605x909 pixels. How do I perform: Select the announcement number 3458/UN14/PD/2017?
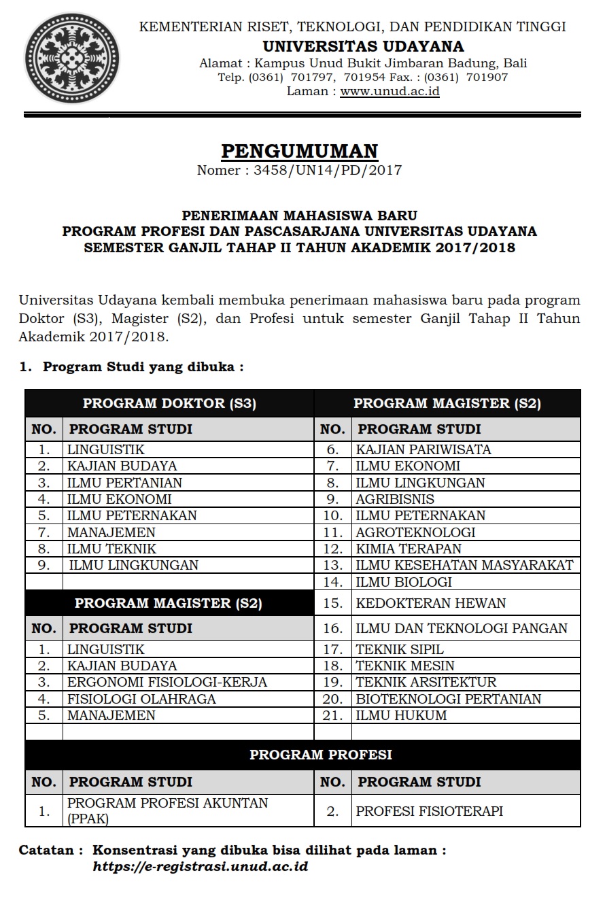(328, 170)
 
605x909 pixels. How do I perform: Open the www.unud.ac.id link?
(390, 91)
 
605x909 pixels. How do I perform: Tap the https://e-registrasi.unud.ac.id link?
(201, 867)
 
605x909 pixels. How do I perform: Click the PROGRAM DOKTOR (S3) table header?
(169, 403)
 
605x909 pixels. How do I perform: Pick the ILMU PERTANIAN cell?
(124, 483)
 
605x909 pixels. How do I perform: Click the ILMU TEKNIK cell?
(111, 549)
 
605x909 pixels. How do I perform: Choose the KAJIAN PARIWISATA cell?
(423, 449)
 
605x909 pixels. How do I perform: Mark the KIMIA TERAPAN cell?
(409, 549)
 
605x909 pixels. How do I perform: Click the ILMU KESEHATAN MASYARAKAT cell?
(464, 565)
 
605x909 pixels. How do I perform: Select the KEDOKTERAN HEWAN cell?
(431, 603)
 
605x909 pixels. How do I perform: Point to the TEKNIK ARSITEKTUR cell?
(426, 682)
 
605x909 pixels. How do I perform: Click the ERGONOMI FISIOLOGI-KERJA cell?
(167, 682)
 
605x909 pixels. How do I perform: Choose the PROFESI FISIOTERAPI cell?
(429, 811)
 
